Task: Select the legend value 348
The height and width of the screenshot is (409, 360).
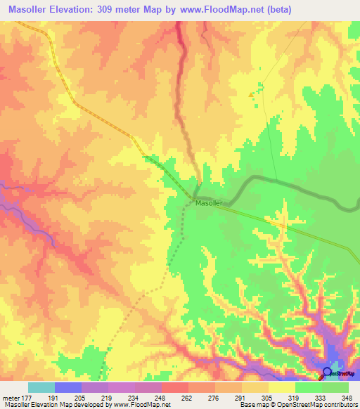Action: [346, 397]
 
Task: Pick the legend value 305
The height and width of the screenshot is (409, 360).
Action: [266, 397]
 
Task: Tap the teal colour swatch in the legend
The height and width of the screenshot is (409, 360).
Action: [41, 387]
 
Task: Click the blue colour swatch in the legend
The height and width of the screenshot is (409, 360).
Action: [67, 387]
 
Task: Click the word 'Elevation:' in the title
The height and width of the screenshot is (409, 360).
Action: [84, 10]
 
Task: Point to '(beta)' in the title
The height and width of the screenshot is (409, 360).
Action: [274, 10]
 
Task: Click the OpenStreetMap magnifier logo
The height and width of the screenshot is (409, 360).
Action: [327, 372]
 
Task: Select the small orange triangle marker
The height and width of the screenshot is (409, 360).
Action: [252, 94]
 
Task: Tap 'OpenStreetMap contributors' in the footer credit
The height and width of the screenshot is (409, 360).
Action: [321, 405]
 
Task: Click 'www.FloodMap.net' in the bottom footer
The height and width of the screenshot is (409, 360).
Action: [143, 405]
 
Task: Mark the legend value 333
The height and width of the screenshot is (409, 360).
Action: [319, 397]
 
